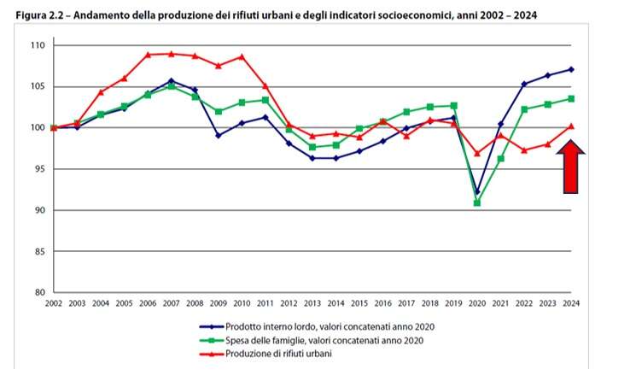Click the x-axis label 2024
[571, 305]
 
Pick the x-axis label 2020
[477, 305]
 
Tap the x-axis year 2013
[312, 305]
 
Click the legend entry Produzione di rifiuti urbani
[279, 354]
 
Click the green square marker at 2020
[477, 202]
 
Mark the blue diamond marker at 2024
[571, 69]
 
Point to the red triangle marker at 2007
[172, 54]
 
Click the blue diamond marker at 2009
[219, 135]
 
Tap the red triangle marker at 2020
[477, 153]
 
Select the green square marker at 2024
[571, 99]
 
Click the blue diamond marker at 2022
[524, 84]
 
